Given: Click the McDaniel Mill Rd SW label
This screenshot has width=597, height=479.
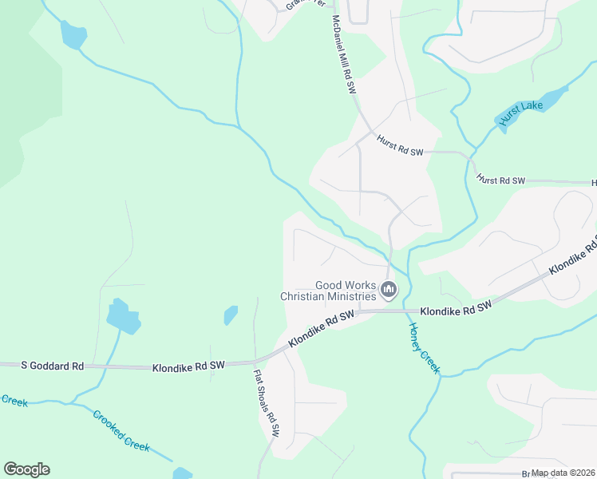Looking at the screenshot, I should click(343, 55).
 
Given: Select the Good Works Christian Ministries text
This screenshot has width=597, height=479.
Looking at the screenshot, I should click(327, 291).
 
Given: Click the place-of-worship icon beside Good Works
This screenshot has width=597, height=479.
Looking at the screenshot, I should click(388, 289).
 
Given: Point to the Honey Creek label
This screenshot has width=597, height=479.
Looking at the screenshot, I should click(424, 348).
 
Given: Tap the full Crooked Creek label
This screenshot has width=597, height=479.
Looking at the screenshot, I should click(121, 431).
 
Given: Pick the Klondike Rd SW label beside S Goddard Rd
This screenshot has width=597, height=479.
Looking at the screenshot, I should click(188, 366).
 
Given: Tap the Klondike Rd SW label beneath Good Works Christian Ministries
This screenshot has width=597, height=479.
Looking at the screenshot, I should click(321, 328).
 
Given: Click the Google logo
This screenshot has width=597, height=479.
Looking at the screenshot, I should click(26, 469).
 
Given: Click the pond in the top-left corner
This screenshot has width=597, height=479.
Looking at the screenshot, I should click(73, 35).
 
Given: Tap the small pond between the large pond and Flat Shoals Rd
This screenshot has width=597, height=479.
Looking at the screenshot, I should click(231, 315).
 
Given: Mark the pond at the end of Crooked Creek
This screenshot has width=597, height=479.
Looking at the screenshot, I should click(183, 473).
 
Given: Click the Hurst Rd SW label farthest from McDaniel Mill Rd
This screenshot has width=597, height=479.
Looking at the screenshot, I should click(500, 181).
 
